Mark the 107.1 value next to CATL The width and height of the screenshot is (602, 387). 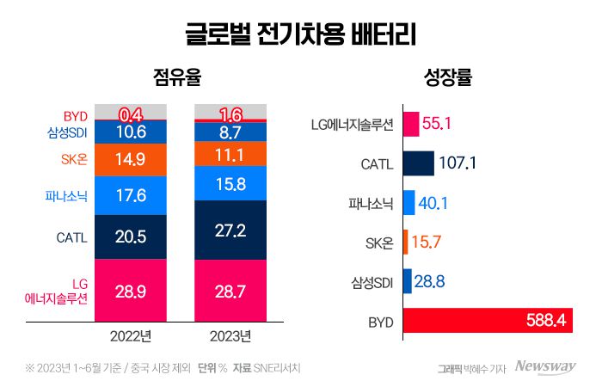(x=458, y=163)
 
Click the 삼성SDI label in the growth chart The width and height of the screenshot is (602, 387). (x=372, y=282)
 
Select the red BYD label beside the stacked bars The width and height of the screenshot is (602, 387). (x=76, y=115)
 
